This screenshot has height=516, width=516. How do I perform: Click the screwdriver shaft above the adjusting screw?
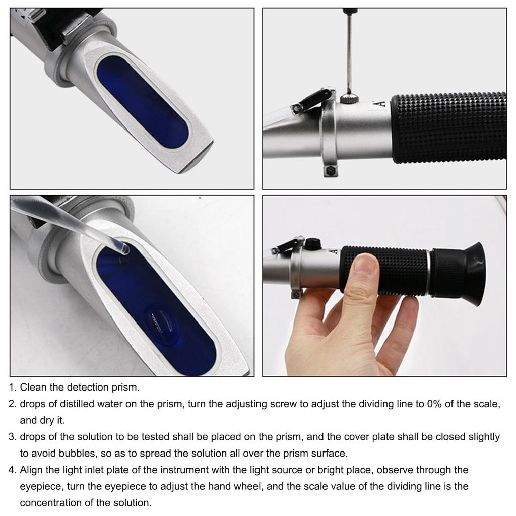348,50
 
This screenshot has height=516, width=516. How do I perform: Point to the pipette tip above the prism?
121,247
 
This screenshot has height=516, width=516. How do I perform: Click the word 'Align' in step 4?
31,470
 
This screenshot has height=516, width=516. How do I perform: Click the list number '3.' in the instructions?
13,436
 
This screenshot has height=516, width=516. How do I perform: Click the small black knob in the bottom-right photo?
313,243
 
